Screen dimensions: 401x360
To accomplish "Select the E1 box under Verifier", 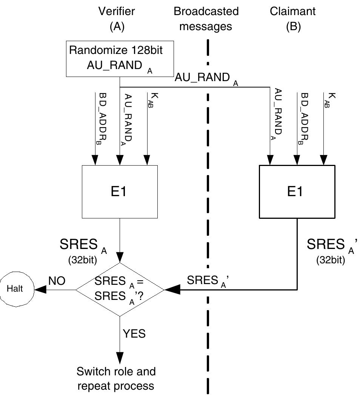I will click(x=120, y=192).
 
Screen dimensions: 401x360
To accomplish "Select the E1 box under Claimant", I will click(x=297, y=192).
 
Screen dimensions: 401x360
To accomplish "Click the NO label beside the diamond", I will click(x=57, y=281).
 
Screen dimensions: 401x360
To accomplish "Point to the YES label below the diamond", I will click(x=134, y=333).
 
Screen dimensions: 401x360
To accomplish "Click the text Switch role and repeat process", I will click(x=116, y=378).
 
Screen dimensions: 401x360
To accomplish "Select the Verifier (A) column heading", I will click(x=117, y=18).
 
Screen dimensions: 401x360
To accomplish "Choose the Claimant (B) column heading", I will click(x=293, y=18).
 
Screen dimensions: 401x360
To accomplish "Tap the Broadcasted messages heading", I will click(x=206, y=18).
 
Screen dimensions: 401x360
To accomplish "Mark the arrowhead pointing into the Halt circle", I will click(x=40, y=290).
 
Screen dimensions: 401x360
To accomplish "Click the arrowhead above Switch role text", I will click(x=120, y=358).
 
